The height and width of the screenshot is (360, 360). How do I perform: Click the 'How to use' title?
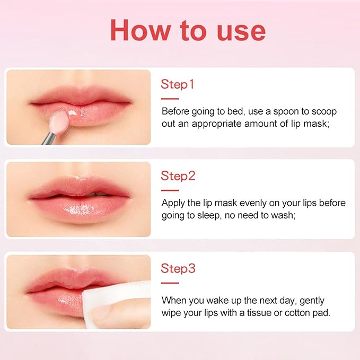click(187, 31)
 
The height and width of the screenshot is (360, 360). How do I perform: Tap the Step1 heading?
click(178, 85)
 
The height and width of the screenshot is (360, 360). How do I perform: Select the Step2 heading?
click(178, 176)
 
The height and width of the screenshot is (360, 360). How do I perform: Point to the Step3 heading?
click(178, 269)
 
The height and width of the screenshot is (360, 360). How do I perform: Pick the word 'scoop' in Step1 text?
click(323, 112)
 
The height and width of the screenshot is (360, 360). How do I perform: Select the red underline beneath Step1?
click(170, 99)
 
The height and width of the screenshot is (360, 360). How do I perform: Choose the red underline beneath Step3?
click(170, 283)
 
